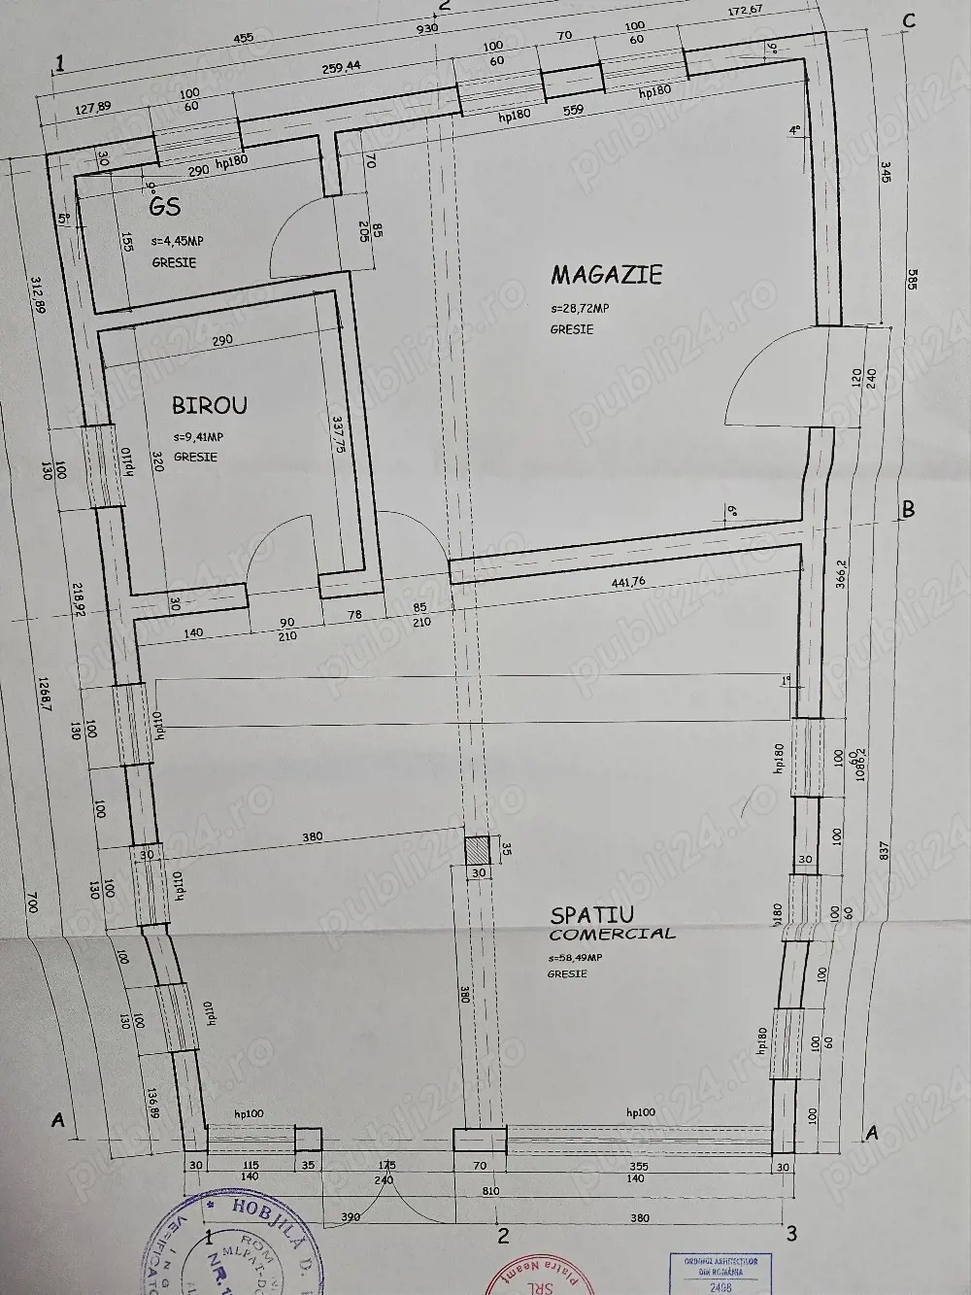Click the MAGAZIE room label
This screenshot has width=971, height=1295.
[606, 275]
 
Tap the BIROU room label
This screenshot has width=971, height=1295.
[209, 405]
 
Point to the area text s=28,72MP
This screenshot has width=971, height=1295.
[580, 309]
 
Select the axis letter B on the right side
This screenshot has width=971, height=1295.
[908, 508]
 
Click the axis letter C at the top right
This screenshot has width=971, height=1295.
[909, 22]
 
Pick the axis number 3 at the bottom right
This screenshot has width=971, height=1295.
[791, 1234]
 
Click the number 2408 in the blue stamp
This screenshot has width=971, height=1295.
[720, 1286]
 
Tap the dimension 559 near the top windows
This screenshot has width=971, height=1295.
[573, 111]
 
